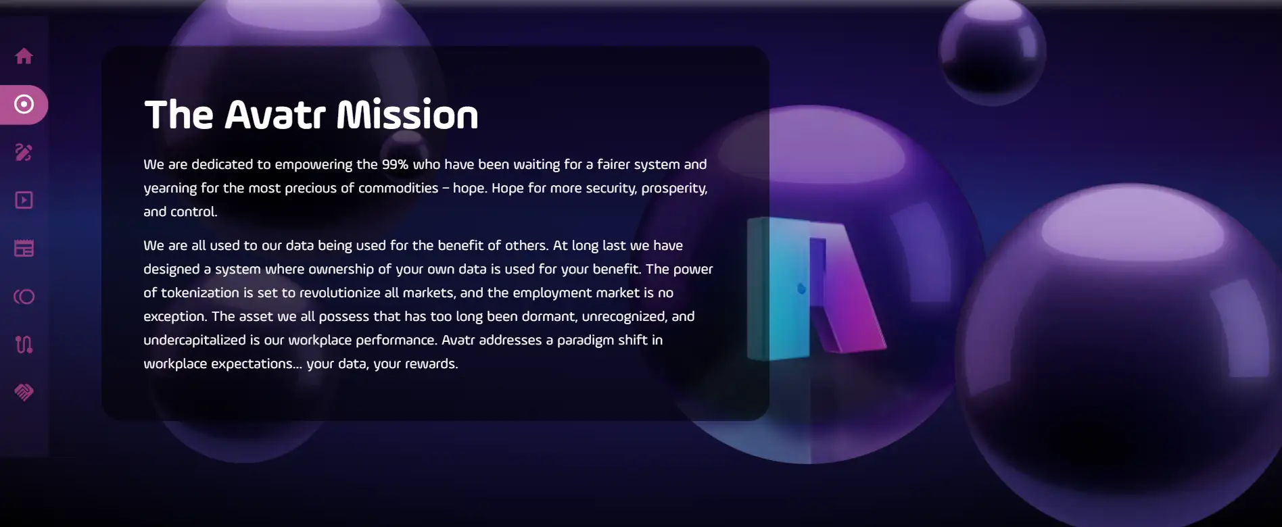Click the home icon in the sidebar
coord(24,56)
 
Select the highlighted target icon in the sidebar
coord(24,104)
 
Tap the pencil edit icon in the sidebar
coord(24,152)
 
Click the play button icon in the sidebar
coord(24,200)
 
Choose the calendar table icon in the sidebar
coord(24,248)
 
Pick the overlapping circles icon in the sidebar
coord(24,297)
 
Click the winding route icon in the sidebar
coord(24,345)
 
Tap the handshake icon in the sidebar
coord(24,393)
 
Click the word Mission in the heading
coord(407,114)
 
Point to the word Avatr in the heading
coord(275,115)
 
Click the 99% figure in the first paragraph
coord(395,164)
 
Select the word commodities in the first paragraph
coord(398,188)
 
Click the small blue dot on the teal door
coord(801,288)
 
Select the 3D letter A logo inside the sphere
coord(815,287)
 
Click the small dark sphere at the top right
coord(992,51)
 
